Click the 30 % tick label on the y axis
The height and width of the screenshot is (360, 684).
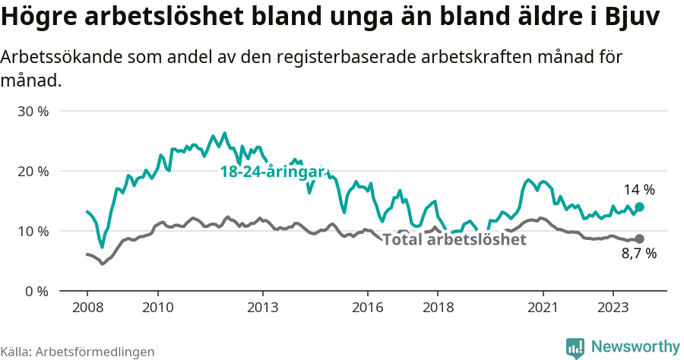click(x=33, y=111)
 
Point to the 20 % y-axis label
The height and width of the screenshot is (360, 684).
click(x=33, y=171)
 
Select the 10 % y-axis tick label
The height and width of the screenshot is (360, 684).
click(x=33, y=231)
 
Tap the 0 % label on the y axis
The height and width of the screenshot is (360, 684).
click(x=36, y=291)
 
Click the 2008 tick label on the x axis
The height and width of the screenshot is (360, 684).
click(x=87, y=308)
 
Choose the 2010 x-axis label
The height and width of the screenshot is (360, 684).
click(x=157, y=308)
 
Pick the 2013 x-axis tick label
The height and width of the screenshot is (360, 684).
click(x=263, y=308)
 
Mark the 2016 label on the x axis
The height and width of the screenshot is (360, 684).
click(x=368, y=308)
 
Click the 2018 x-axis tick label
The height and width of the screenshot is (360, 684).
click(x=438, y=308)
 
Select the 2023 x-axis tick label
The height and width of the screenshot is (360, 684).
click(x=613, y=308)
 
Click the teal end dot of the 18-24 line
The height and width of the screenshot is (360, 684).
click(x=640, y=207)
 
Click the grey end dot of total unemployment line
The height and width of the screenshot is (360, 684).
click(x=640, y=238)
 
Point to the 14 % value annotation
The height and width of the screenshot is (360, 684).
click(x=639, y=189)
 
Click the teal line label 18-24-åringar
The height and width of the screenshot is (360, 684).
click(x=272, y=172)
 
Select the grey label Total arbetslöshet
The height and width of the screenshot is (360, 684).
click(x=454, y=240)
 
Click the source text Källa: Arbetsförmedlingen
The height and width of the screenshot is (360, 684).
click(x=78, y=352)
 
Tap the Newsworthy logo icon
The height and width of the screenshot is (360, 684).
click(x=575, y=347)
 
